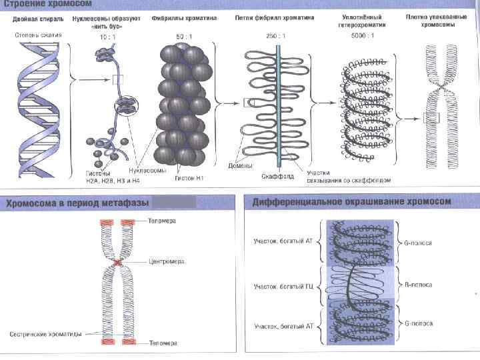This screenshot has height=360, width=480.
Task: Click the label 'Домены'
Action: [239, 165]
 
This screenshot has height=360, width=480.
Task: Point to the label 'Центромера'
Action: [167, 262]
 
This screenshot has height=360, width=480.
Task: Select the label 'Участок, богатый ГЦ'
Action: [282, 287]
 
